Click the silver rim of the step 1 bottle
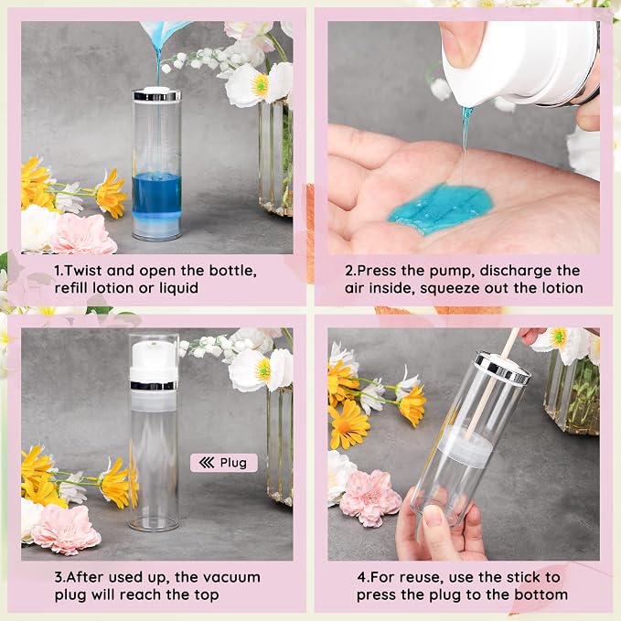click(156, 95)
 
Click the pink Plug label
click(224, 463)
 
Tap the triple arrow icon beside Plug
click(207, 463)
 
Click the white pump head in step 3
click(154, 359)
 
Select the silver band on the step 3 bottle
click(154, 385)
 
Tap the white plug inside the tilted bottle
click(466, 446)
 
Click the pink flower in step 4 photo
click(370, 498)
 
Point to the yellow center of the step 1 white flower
click(261, 84)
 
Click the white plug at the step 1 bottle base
click(156, 225)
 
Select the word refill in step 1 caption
click(72, 288)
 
